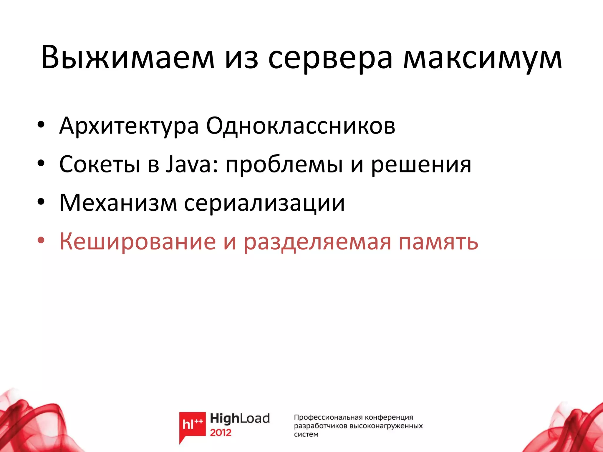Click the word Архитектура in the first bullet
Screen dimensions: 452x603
[x=129, y=126]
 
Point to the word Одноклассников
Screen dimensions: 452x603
[x=300, y=126]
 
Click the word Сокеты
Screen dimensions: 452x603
[x=100, y=164]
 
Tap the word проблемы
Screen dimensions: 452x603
[x=284, y=164]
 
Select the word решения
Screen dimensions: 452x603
[x=421, y=164]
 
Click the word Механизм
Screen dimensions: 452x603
[x=118, y=203]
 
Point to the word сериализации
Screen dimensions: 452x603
[x=264, y=203]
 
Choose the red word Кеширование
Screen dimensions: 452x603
[x=138, y=241]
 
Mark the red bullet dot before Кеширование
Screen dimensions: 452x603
[x=41, y=241]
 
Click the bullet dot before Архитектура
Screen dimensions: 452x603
[x=41, y=125]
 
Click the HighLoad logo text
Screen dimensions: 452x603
[x=240, y=418]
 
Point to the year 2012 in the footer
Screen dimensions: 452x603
[x=221, y=433]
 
